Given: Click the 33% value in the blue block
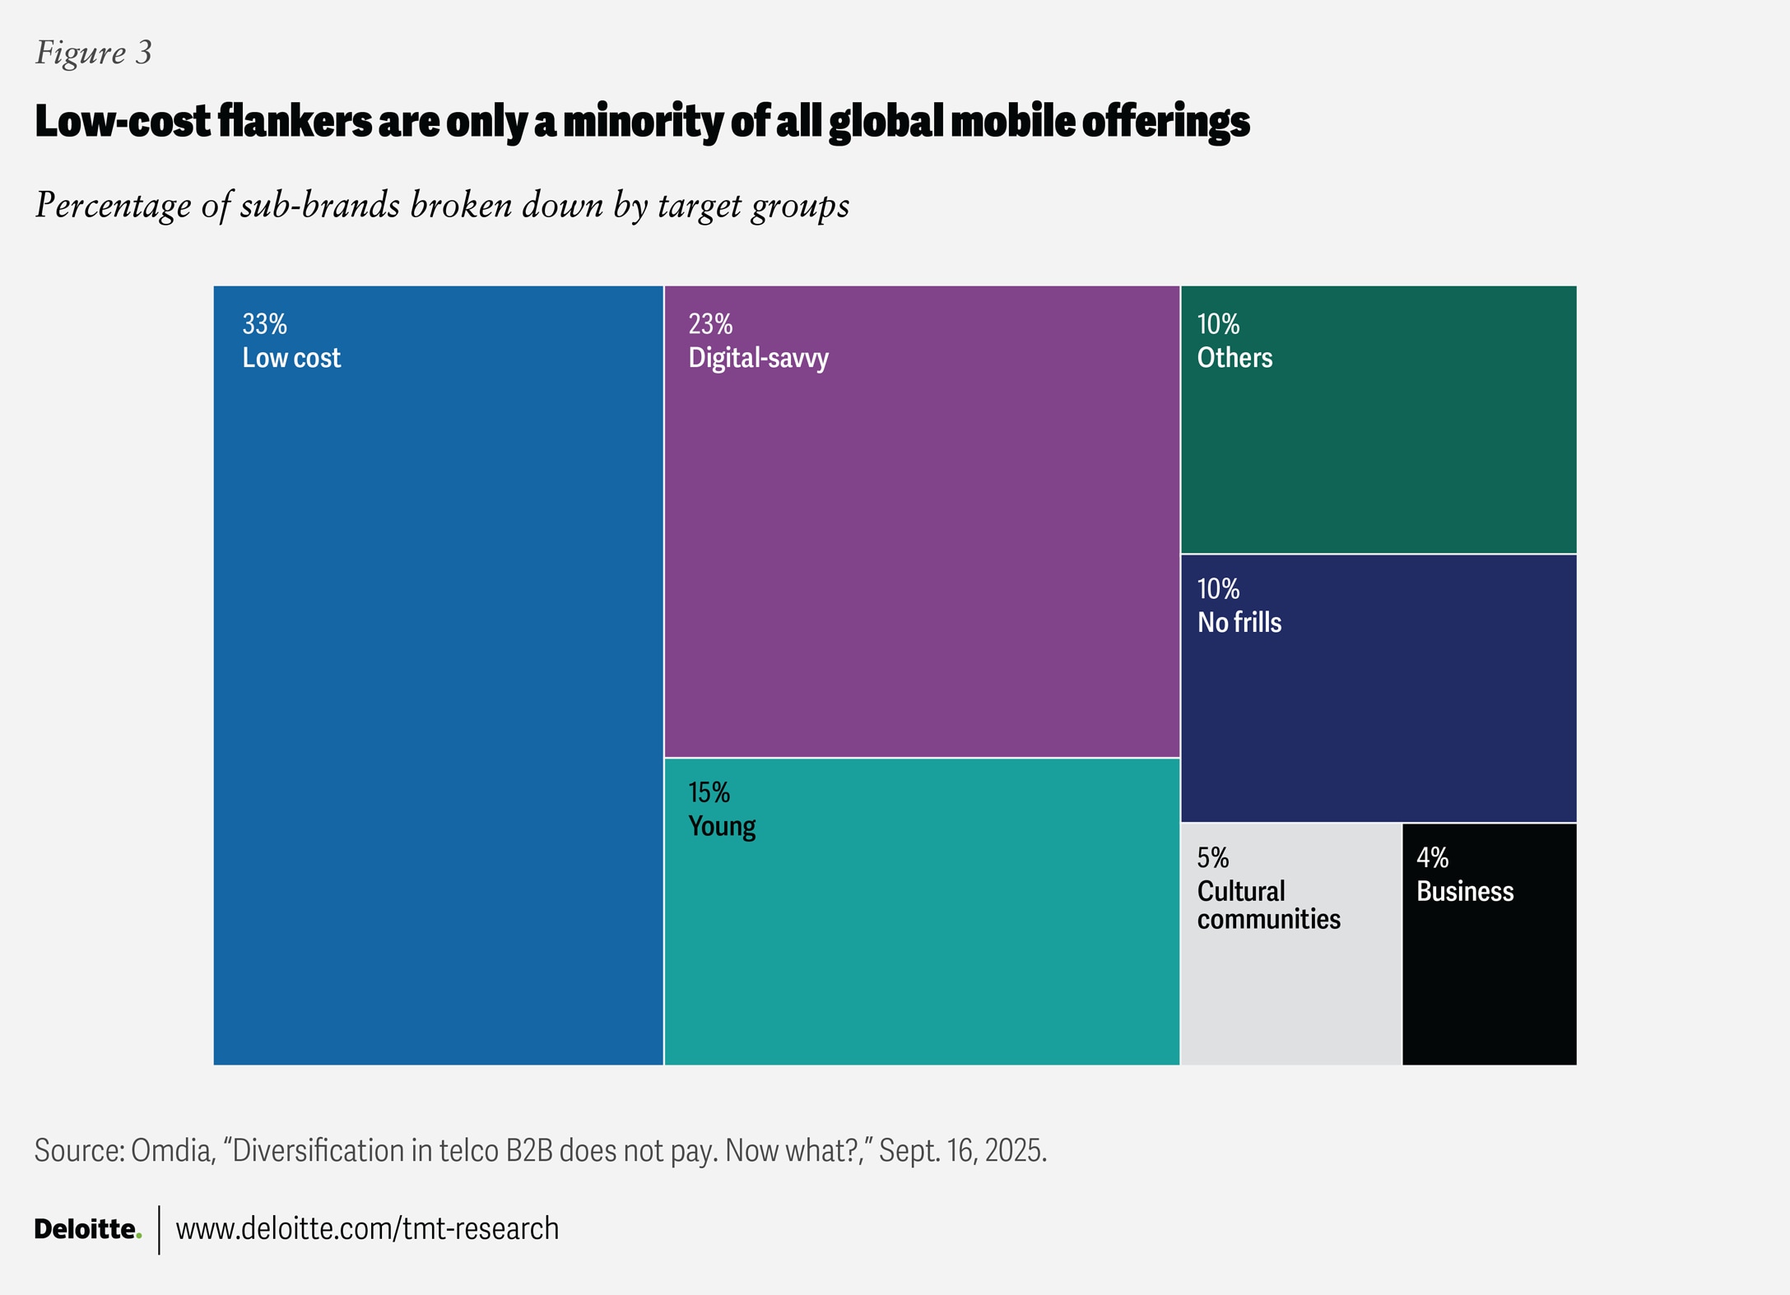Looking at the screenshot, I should tap(264, 324).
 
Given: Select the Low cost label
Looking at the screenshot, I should tap(291, 358).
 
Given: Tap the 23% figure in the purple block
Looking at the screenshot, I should tap(710, 324).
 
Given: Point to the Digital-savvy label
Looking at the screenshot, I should tap(758, 358).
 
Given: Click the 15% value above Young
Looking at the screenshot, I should tap(709, 792).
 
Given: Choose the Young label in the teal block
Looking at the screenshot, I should tap(722, 826).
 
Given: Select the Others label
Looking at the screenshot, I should tap(1234, 358).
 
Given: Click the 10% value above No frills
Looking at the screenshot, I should tap(1218, 589).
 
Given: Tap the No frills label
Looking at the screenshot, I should tap(1239, 623).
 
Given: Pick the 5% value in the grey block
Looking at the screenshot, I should tap(1212, 858).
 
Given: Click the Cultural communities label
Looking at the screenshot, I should tap(1268, 905).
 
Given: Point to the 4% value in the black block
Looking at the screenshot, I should tap(1432, 858).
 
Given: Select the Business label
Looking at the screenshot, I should tap(1465, 892).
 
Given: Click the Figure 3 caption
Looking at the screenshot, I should tap(94, 53).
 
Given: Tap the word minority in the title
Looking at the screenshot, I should tap(643, 122).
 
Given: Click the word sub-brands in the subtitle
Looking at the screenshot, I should tap(320, 206).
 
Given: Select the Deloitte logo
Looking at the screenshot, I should tap(87, 1229).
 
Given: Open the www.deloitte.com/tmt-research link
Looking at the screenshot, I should tap(367, 1229).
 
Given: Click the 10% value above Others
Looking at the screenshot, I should tap(1218, 324).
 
